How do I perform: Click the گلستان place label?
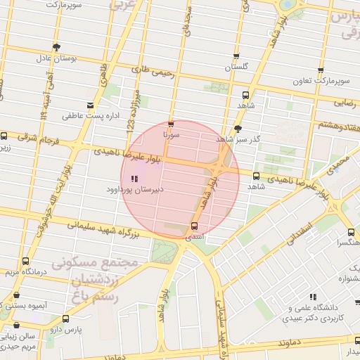pyautogui.click(x=236, y=67)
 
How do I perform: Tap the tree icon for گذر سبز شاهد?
pyautogui.click(x=238, y=129)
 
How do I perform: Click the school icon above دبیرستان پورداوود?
pyautogui.click(x=134, y=179)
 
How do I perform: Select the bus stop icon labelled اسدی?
pyautogui.click(x=194, y=226)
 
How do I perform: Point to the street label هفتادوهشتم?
pyautogui.click(x=333, y=124)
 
